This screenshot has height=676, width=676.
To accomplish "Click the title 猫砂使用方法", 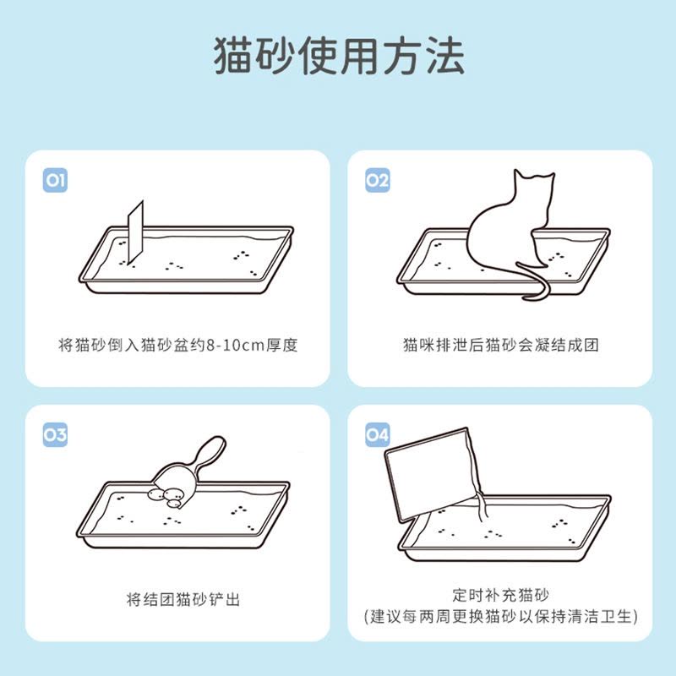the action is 340,56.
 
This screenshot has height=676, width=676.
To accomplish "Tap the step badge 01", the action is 55,180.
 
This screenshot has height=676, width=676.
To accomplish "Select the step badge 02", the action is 377,180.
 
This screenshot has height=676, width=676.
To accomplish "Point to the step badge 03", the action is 55,434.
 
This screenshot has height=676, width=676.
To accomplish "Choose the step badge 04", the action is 377,434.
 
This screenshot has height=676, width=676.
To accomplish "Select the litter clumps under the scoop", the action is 166,497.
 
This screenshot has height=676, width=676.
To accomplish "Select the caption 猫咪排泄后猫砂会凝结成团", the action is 500,345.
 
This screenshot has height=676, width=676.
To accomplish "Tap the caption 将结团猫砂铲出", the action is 183,599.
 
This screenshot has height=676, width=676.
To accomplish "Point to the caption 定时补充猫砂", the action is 500,595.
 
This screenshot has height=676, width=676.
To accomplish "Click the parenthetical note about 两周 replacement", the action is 500,616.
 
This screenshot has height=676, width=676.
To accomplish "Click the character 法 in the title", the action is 445,56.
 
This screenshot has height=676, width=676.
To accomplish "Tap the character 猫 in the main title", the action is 233,56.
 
